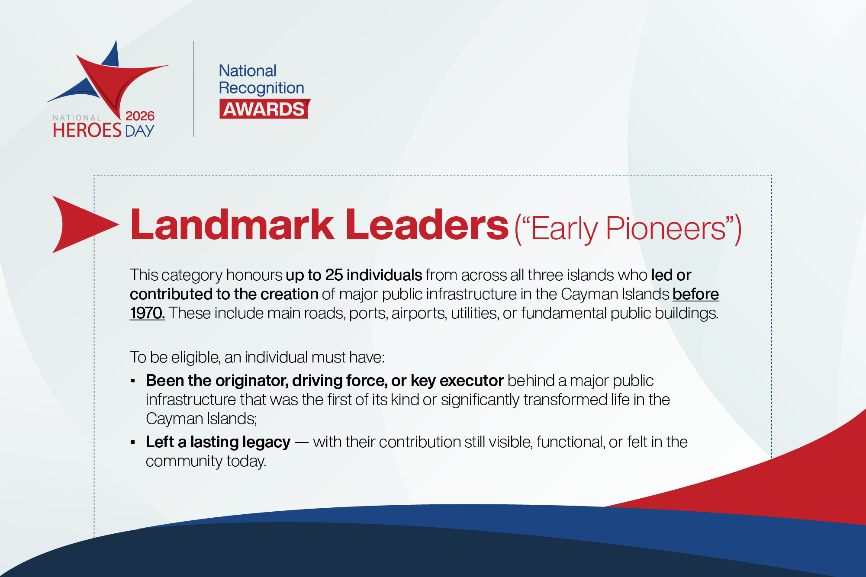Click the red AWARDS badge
(265, 109)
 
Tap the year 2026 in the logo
(140, 116)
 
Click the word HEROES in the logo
(87, 130)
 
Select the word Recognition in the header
(261, 88)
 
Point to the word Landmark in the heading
(232, 224)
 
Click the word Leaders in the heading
(427, 224)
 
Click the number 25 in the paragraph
(334, 275)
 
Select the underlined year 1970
(147, 313)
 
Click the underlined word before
(695, 294)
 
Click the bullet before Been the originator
(133, 381)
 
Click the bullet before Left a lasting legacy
(133, 442)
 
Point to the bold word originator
(251, 381)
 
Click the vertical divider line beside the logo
(194, 89)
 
